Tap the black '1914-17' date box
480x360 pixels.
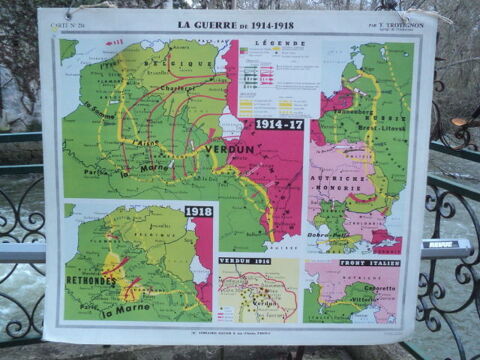[279, 124]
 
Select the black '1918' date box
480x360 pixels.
[198, 212]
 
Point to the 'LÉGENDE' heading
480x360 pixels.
[273, 44]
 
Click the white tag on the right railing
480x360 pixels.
[438, 243]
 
